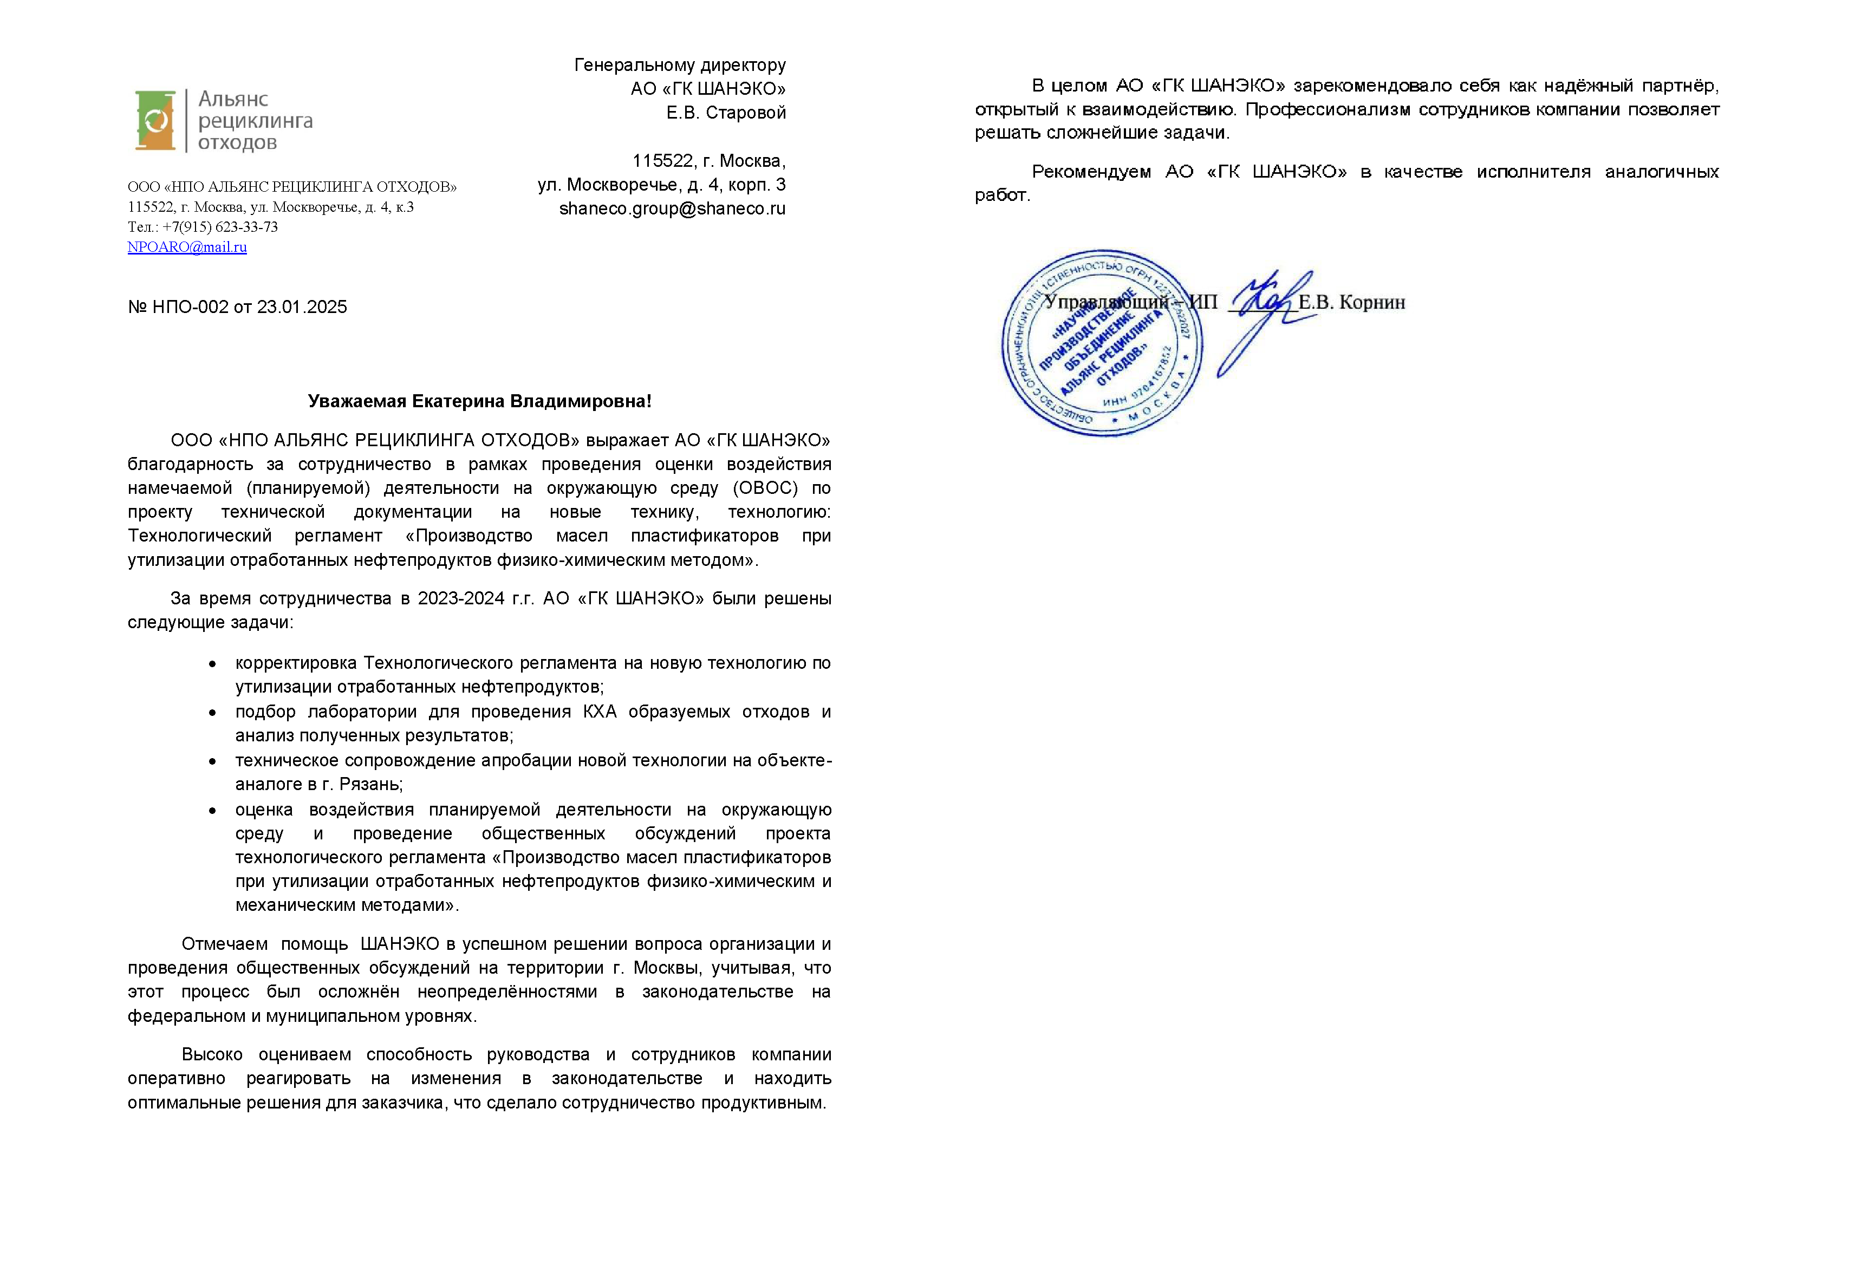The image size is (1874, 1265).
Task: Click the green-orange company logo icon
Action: tap(155, 121)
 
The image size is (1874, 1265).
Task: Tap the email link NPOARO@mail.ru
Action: tap(187, 247)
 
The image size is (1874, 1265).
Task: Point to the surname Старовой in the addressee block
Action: tap(745, 113)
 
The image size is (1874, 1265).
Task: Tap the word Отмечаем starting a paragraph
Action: tap(224, 944)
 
